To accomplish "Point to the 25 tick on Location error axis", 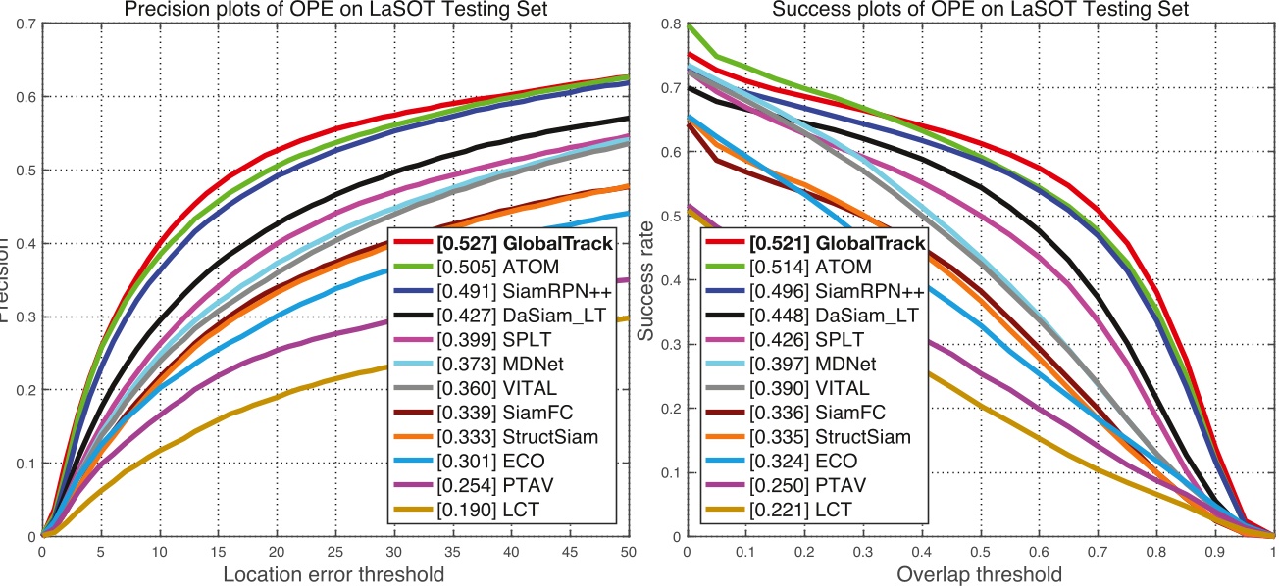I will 335,552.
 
